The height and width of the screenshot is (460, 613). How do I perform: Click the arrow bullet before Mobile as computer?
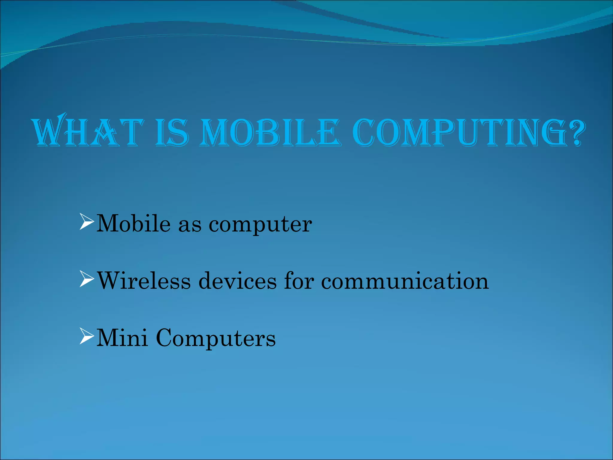click(87, 222)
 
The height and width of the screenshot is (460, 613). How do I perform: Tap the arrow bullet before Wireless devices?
click(87, 279)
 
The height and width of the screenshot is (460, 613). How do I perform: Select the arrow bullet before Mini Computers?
click(87, 336)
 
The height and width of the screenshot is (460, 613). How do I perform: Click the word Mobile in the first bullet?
click(133, 223)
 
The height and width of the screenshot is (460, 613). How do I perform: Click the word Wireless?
click(144, 281)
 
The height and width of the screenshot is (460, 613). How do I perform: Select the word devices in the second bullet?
click(238, 281)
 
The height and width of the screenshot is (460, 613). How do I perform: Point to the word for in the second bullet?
click(299, 281)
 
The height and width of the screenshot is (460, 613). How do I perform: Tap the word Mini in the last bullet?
click(122, 338)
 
